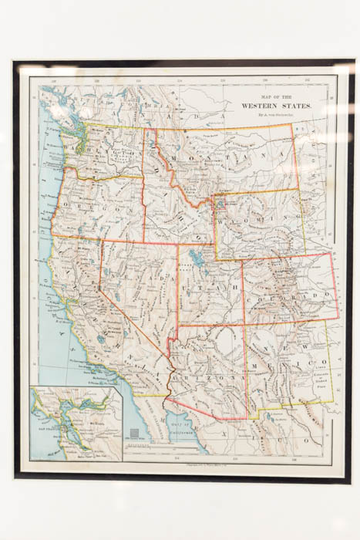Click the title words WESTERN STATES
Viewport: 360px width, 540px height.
click(x=277, y=105)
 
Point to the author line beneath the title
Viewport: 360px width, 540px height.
click(x=276, y=113)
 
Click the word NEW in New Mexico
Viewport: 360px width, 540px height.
click(x=289, y=352)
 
